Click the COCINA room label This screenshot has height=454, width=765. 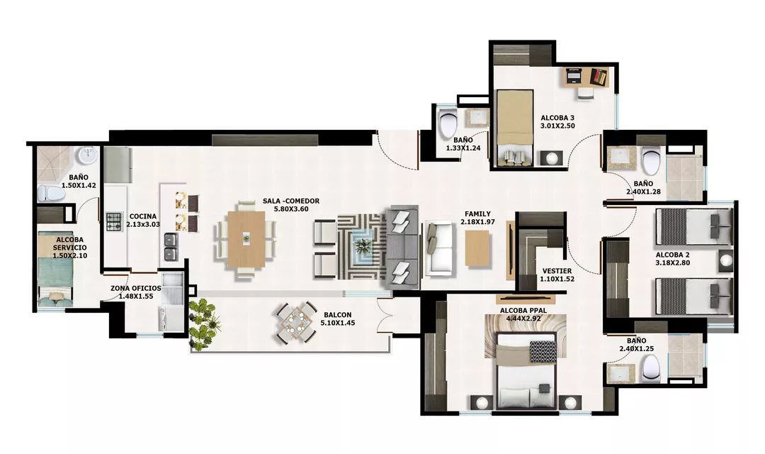pyautogui.click(x=143, y=216)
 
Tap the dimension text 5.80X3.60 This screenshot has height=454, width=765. pyautogui.click(x=291, y=209)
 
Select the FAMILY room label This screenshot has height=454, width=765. pyautogui.click(x=477, y=214)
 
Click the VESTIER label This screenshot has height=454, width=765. pyautogui.click(x=557, y=271)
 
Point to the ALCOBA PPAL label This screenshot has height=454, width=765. pyautogui.click(x=523, y=310)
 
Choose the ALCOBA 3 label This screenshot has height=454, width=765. pyautogui.click(x=557, y=118)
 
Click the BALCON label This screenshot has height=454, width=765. pyautogui.click(x=338, y=315)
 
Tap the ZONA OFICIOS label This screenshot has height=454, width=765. pyautogui.click(x=135, y=288)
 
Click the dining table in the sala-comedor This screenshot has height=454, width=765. pyautogui.click(x=246, y=239)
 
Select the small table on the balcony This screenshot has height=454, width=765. pyautogui.click(x=295, y=323)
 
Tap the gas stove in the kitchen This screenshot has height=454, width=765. pyautogui.click(x=114, y=222)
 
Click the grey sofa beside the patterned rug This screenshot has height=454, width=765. pyautogui.click(x=402, y=247)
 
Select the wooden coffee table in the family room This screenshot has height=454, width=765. pyautogui.click(x=477, y=248)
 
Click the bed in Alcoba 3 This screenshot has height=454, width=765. pyautogui.click(x=515, y=128)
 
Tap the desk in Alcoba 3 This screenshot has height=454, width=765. pyautogui.click(x=586, y=78)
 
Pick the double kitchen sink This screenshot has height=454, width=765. pyautogui.click(x=171, y=248)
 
